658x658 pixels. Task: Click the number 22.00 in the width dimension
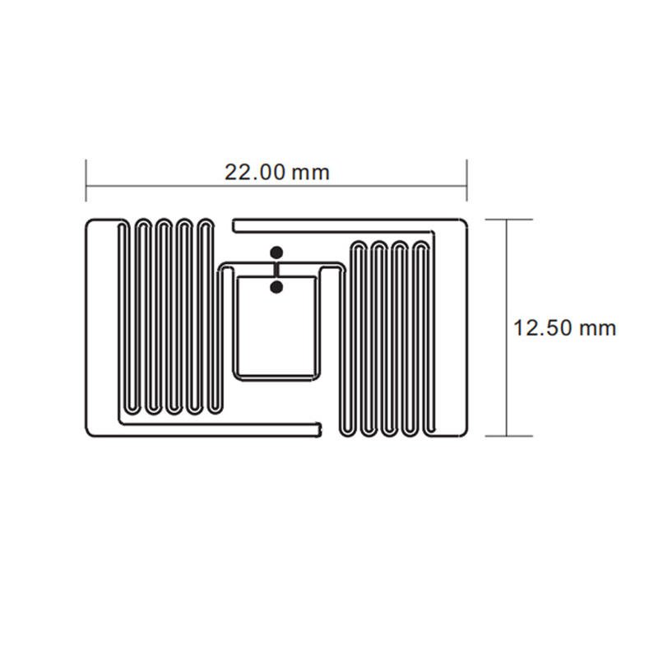coord(255,173)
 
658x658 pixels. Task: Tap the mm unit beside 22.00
coord(311,174)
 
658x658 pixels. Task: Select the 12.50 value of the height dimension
coord(541,327)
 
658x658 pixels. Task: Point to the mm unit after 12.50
coord(598,329)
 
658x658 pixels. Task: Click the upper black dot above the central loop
coord(276,253)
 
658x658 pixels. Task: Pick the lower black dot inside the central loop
coord(276,287)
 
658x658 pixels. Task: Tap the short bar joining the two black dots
coord(276,270)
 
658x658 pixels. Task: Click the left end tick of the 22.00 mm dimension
coord(86,180)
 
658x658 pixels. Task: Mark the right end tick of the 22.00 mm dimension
coord(466,180)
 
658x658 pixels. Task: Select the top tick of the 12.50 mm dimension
coord(508,220)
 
